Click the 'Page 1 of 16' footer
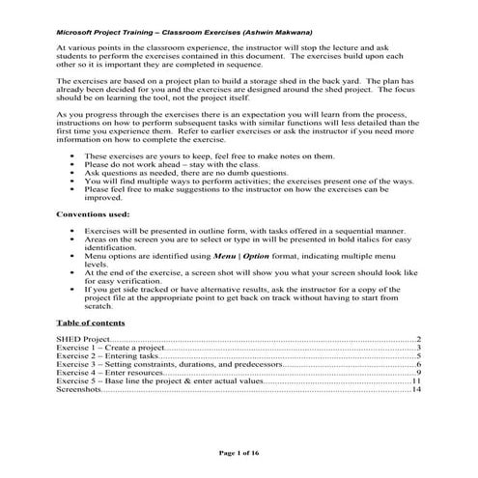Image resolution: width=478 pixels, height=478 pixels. tap(239, 450)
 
